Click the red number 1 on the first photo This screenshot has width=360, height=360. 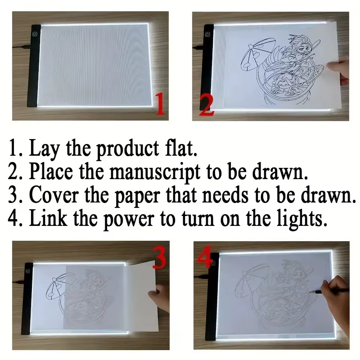(x=161, y=103)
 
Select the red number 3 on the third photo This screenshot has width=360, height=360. (x=159, y=257)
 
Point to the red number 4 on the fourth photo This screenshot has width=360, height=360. (x=204, y=256)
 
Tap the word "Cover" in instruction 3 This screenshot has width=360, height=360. (x=54, y=195)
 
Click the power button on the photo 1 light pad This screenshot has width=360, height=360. (x=35, y=35)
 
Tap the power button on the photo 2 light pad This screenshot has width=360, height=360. (x=207, y=35)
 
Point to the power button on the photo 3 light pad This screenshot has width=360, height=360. (x=28, y=271)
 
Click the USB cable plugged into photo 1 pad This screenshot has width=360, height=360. (x=21, y=47)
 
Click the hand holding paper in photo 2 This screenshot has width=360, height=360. (x=338, y=71)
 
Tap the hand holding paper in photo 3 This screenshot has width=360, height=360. (x=159, y=298)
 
